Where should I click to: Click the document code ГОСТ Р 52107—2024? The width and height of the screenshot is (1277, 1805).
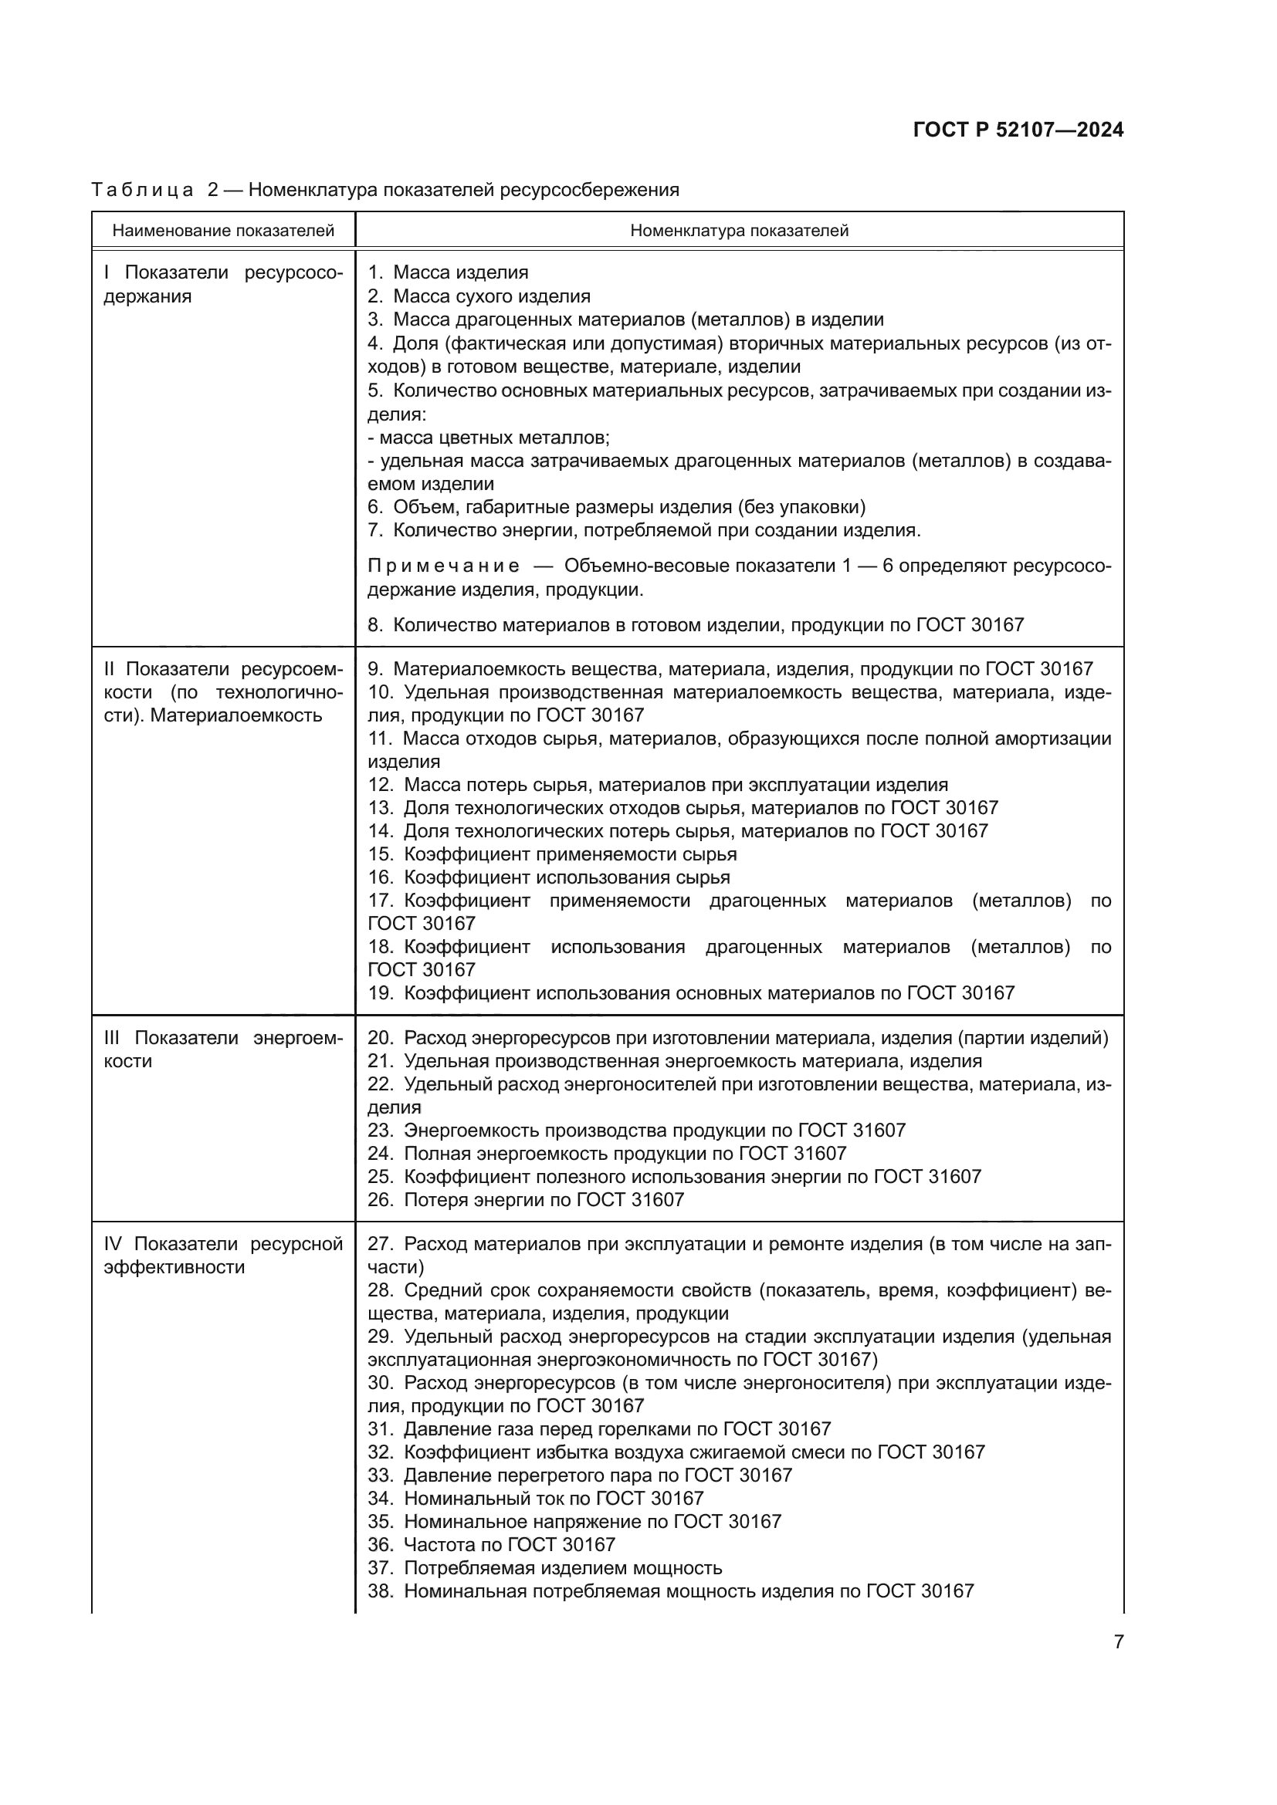(x=1018, y=130)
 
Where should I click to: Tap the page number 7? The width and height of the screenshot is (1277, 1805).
(x=1118, y=1641)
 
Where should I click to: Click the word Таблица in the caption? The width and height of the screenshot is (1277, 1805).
(x=142, y=190)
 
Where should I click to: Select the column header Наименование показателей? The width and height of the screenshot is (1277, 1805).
(x=223, y=230)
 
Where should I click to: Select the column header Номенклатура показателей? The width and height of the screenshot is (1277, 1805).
(x=739, y=230)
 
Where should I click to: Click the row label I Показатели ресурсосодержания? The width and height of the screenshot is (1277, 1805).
(x=223, y=284)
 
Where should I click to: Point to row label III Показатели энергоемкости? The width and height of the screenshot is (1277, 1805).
(x=223, y=1049)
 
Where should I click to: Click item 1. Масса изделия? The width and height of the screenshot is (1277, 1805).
(x=449, y=272)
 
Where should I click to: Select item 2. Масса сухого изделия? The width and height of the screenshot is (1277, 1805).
(x=479, y=296)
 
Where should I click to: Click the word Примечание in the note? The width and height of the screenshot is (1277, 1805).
(x=443, y=566)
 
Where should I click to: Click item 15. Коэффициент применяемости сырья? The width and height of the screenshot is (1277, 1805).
(x=552, y=853)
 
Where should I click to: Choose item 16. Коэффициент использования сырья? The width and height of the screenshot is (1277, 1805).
(x=549, y=877)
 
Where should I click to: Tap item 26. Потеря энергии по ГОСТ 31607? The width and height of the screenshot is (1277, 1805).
(x=526, y=1199)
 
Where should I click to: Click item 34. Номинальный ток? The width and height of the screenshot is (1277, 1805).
(x=536, y=1499)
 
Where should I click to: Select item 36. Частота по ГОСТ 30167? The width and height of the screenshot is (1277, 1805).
(x=492, y=1544)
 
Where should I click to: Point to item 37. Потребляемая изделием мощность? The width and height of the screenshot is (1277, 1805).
(x=545, y=1567)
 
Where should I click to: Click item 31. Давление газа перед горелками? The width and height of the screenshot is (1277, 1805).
(x=599, y=1428)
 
